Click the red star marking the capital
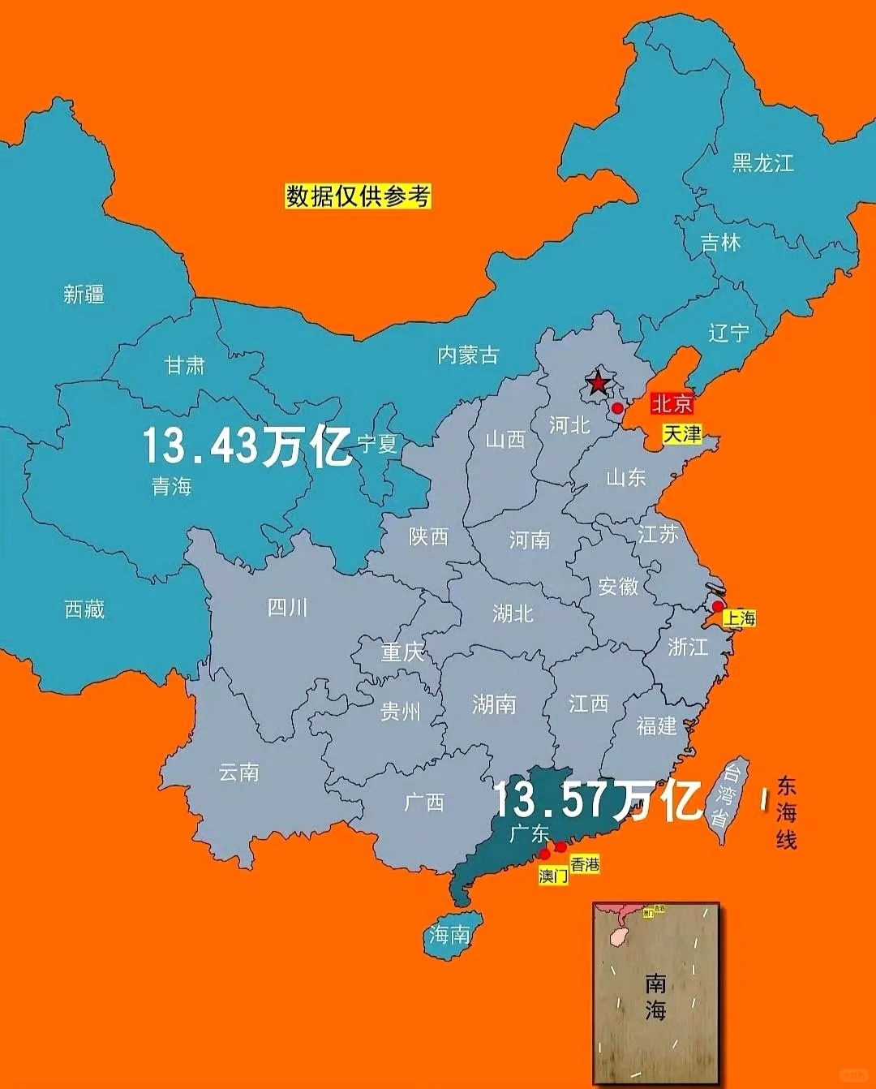(x=598, y=382)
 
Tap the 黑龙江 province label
(x=762, y=163)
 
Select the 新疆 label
(x=84, y=294)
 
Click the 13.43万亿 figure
(x=247, y=445)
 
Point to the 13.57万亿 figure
(x=597, y=800)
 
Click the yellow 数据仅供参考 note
(x=358, y=196)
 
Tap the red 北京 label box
(x=672, y=403)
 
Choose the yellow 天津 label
(x=682, y=434)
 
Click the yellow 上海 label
(x=740, y=618)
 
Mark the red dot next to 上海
(x=718, y=606)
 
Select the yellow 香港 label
(x=585, y=864)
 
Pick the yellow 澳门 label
(x=553, y=876)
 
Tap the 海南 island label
(x=450, y=935)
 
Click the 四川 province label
(x=288, y=607)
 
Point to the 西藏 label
(x=84, y=609)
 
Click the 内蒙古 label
(x=468, y=355)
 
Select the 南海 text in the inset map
(x=655, y=996)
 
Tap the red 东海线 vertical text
(x=786, y=812)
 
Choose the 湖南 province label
(x=494, y=704)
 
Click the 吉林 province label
(x=720, y=242)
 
